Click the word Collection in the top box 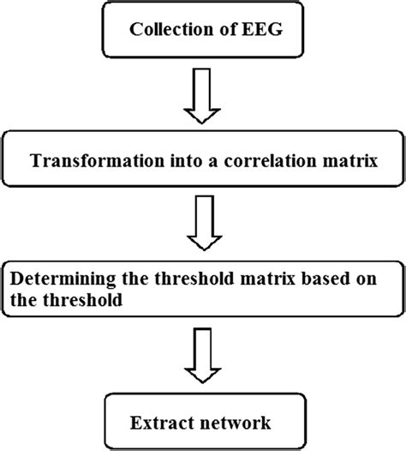pos(162,33)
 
